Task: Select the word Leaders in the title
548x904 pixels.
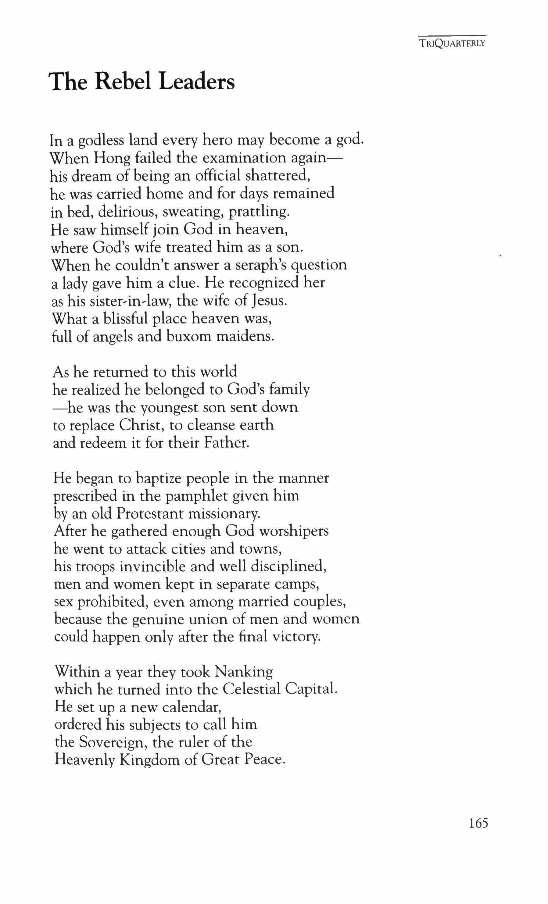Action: click(197, 81)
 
